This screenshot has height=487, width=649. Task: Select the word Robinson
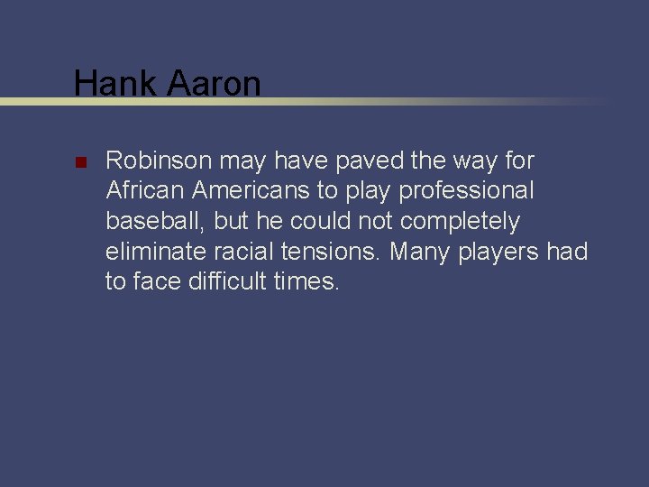click(159, 161)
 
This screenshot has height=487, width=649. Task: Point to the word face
click(158, 280)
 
